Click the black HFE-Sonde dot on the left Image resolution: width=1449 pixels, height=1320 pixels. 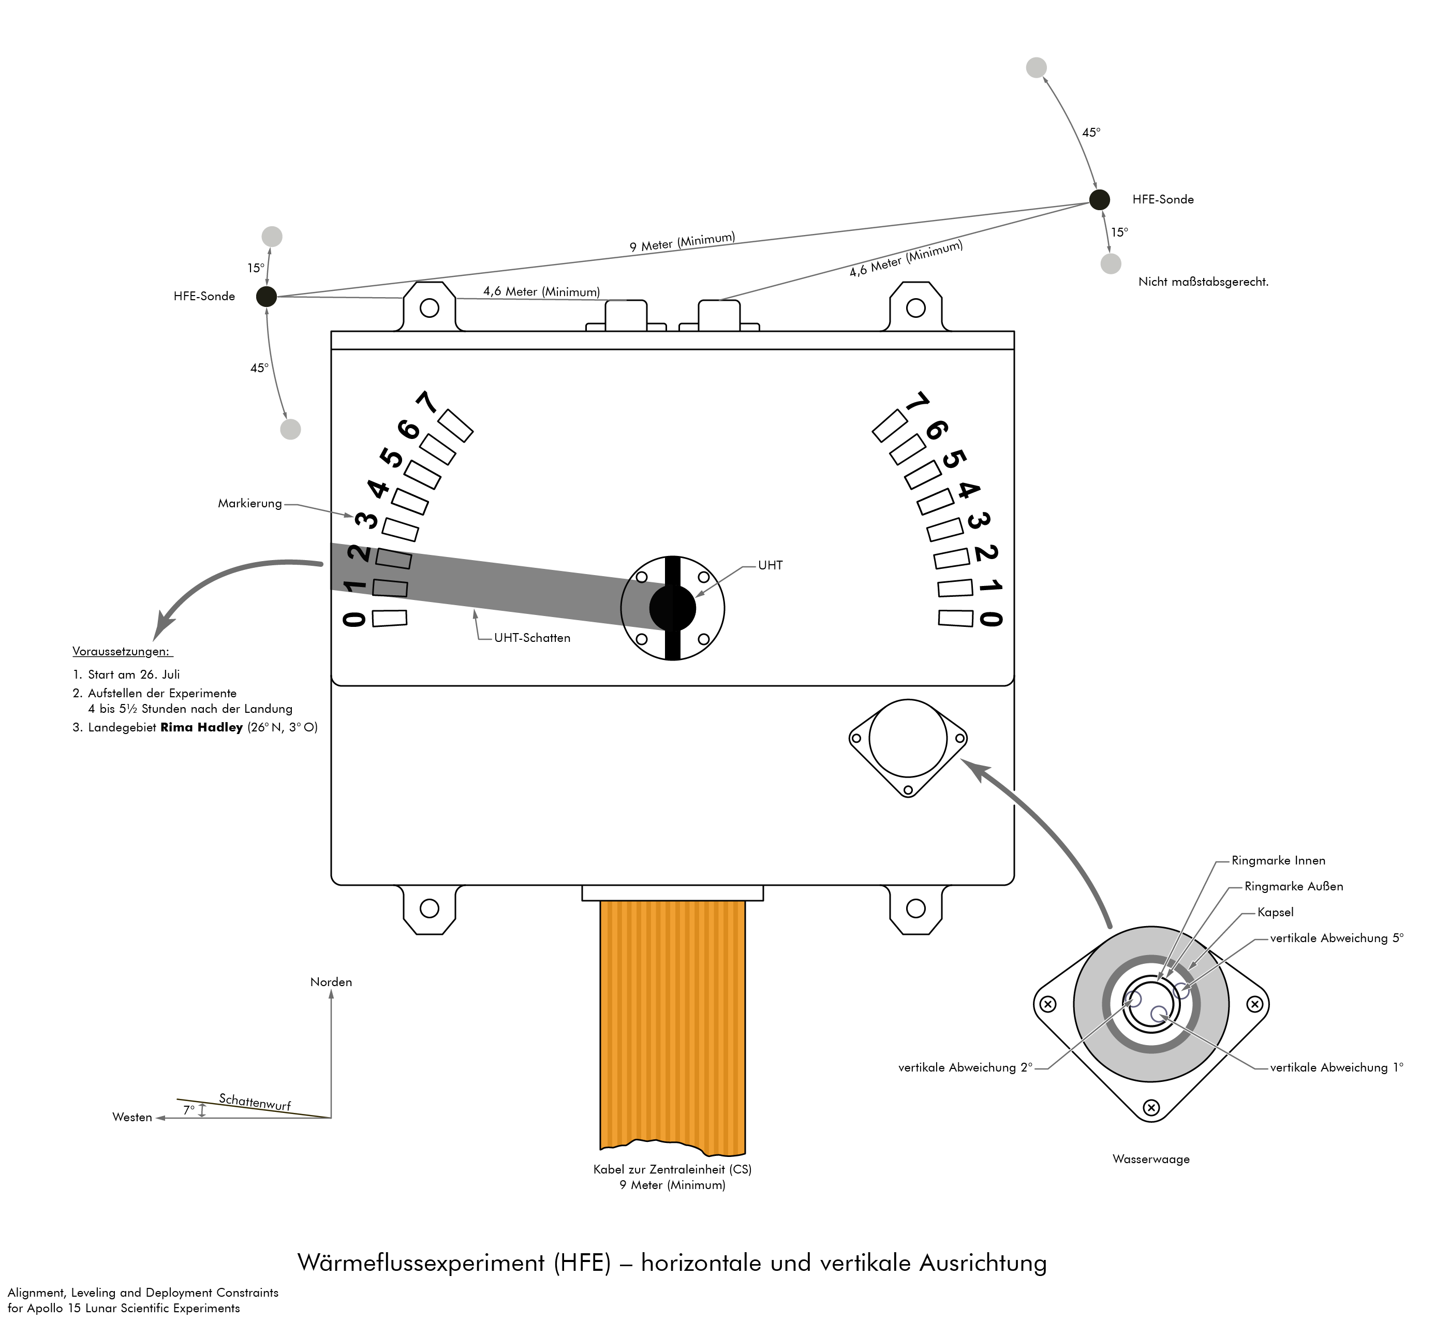pos(266,296)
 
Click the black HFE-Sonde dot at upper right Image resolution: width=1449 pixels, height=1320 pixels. pos(1099,199)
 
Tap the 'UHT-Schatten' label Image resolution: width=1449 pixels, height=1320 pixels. pos(532,638)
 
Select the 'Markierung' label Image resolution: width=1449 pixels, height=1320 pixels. pos(249,503)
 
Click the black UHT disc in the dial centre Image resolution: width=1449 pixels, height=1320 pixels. pos(673,608)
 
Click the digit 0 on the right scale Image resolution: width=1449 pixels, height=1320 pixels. pos(990,618)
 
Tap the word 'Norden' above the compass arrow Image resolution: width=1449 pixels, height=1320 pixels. pos(331,982)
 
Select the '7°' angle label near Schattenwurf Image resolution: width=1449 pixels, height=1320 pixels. pos(188,1110)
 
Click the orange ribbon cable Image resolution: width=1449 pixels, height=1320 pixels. pos(673,1021)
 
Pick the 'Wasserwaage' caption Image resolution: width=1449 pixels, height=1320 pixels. pos(1151,1159)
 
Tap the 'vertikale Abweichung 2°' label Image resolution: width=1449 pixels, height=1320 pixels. pos(965,1067)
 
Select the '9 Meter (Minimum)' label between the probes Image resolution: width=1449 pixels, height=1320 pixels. pos(682,242)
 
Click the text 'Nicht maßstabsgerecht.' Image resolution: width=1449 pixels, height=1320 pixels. pos(1203,282)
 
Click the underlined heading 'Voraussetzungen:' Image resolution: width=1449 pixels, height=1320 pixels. pos(122,651)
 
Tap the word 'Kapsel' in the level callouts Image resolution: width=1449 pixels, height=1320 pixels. pos(1275,912)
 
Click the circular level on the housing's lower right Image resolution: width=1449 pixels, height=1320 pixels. pos(908,738)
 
